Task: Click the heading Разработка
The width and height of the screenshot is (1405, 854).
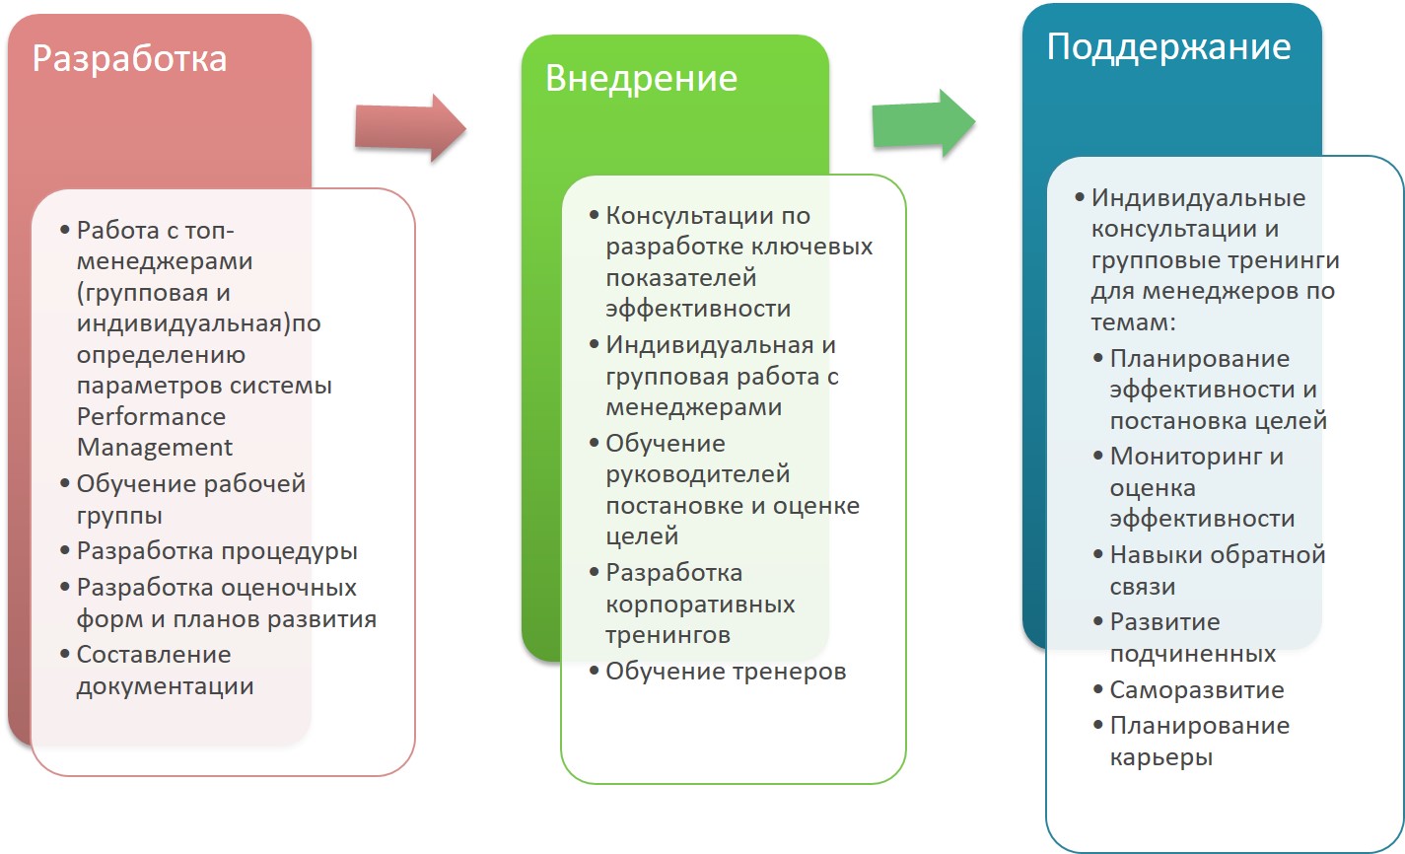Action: (x=129, y=59)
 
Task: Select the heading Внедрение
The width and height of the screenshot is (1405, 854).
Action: (x=641, y=80)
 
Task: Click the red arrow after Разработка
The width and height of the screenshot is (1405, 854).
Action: (x=410, y=128)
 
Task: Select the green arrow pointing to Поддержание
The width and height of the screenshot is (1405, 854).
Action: (x=923, y=123)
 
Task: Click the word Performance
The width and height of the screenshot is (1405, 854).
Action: (x=151, y=417)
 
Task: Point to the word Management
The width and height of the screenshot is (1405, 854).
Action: (x=154, y=448)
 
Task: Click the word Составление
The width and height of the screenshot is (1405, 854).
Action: (x=154, y=655)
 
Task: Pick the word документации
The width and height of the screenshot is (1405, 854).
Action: (x=165, y=686)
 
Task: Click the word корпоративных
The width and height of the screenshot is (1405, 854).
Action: (x=700, y=605)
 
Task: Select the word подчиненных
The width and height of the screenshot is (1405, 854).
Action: (x=1192, y=655)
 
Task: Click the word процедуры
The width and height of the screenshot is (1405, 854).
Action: (x=289, y=552)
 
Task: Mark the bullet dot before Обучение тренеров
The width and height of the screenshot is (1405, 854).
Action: (x=594, y=671)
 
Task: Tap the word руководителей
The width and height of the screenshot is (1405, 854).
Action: (x=697, y=475)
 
